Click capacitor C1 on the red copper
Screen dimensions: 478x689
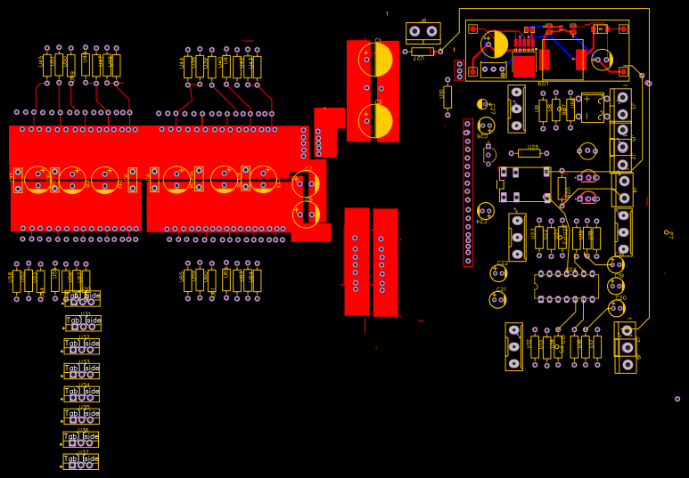click(375, 60)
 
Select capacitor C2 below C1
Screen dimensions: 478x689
click(375, 120)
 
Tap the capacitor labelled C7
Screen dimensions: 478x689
click(306, 185)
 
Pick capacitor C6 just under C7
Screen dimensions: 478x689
click(306, 214)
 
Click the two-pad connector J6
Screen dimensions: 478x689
click(422, 31)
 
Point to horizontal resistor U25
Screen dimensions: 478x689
click(529, 153)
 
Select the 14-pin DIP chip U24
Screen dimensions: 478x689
click(566, 287)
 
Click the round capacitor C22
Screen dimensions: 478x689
click(499, 273)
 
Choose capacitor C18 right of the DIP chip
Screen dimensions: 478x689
click(616, 264)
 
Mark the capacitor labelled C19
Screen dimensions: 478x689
click(616, 286)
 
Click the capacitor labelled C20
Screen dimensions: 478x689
click(616, 308)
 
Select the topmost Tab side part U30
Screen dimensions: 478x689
click(82, 299)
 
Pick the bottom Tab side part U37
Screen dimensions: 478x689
click(80, 462)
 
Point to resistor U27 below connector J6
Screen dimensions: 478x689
click(422, 52)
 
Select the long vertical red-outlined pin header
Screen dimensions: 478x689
click(468, 192)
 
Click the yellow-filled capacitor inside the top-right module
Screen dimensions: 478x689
click(495, 45)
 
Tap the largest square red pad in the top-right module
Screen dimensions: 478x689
click(524, 66)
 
